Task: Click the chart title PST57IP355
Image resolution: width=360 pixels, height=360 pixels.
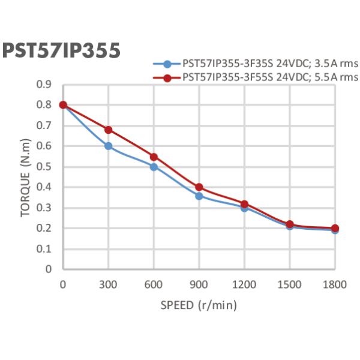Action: pos(61,50)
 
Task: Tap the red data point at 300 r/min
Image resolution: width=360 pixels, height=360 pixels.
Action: pos(109,130)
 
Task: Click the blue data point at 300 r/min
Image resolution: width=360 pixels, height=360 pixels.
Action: pos(109,146)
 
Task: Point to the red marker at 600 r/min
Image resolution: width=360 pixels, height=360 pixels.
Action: pos(154,157)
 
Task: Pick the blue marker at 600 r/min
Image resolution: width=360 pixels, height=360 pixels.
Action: pos(154,167)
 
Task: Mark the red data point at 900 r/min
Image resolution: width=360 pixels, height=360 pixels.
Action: pos(199,187)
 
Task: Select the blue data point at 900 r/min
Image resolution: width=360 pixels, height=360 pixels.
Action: pos(199,196)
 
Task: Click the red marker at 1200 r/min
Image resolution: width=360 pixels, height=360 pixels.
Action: pos(244,204)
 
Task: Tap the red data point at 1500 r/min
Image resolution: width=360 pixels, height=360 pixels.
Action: pos(290,224)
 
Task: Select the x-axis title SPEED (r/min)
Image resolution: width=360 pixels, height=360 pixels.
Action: pos(199,305)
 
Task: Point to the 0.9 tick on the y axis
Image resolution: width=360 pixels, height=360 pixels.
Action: pos(44,85)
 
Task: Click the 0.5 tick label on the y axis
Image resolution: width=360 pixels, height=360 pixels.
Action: pos(44,167)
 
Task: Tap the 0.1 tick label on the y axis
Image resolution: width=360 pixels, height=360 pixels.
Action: pos(44,249)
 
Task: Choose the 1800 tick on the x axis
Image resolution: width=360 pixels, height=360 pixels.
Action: pos(335,284)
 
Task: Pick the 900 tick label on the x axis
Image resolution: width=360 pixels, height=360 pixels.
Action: pos(199,284)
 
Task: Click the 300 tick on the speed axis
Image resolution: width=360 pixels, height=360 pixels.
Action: pos(109,284)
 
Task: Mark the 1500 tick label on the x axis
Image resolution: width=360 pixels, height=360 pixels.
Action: pos(290,284)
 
